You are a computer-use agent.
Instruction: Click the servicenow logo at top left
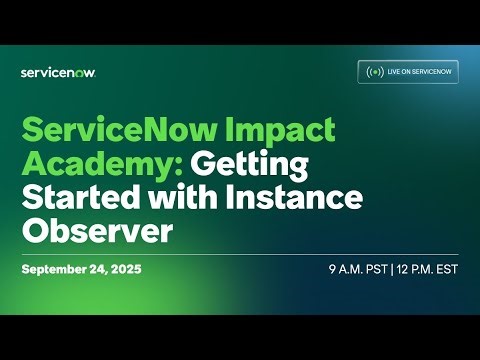58,72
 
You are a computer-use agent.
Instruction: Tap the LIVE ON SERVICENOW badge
408,72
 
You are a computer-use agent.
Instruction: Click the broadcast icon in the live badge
375,72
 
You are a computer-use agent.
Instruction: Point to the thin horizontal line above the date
240,254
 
